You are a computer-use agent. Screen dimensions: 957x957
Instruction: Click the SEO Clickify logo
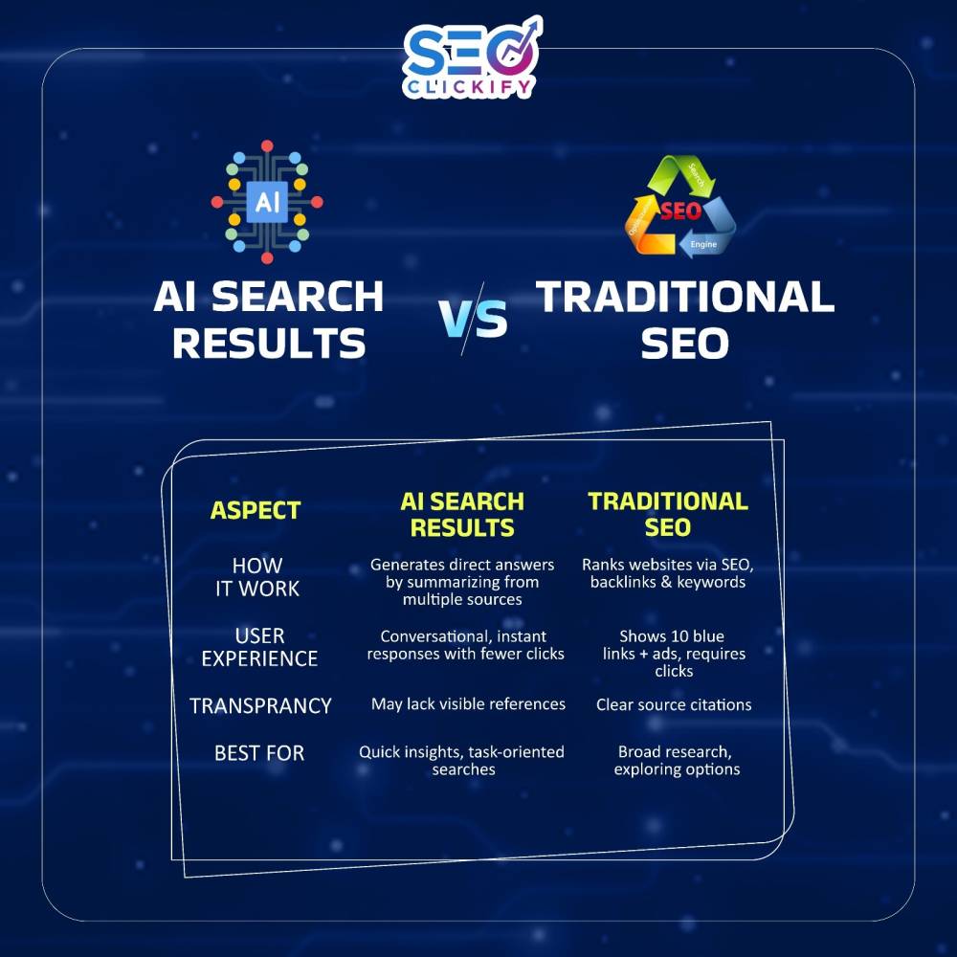coord(472,58)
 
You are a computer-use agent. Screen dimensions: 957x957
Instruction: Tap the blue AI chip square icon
coord(267,201)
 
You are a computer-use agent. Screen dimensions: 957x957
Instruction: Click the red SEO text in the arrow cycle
coord(681,211)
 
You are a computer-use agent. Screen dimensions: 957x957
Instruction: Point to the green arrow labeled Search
coord(680,173)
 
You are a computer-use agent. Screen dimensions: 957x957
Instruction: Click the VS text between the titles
coord(473,319)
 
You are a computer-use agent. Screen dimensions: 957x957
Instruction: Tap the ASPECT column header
coord(256,510)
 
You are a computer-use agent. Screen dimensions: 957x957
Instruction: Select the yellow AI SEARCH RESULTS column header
coord(462,515)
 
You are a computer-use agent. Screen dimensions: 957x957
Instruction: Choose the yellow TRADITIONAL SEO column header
coord(668,514)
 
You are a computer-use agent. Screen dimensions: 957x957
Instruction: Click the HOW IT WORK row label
coord(257,577)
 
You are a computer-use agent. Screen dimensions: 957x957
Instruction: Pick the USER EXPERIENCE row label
coord(259,647)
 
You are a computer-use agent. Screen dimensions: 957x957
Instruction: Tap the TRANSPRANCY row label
coord(260,705)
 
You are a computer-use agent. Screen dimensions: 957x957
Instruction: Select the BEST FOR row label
coord(259,753)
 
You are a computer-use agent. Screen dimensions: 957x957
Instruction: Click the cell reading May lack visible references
coord(468,704)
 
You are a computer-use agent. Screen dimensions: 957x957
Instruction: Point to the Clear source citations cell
coord(674,705)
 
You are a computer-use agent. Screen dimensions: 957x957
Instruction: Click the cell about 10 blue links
coord(674,654)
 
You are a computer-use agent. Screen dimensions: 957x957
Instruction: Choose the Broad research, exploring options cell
coord(677,761)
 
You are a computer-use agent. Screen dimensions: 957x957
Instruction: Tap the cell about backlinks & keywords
coord(668,573)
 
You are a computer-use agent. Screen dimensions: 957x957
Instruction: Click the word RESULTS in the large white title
coord(269,343)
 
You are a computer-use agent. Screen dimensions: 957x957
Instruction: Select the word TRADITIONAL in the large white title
coord(685,297)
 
